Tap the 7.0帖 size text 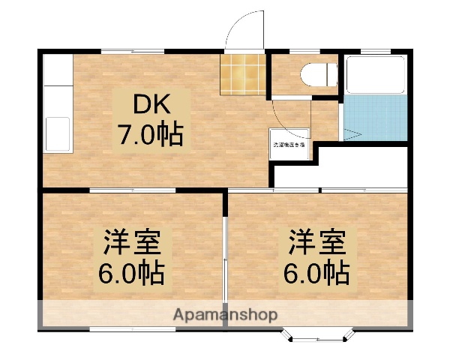[x=149, y=135]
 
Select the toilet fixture [x=314, y=75]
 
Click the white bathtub [x=375, y=75]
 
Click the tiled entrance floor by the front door [x=243, y=73]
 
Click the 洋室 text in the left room [x=132, y=244]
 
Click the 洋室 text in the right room [x=318, y=244]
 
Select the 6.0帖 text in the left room [x=132, y=274]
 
